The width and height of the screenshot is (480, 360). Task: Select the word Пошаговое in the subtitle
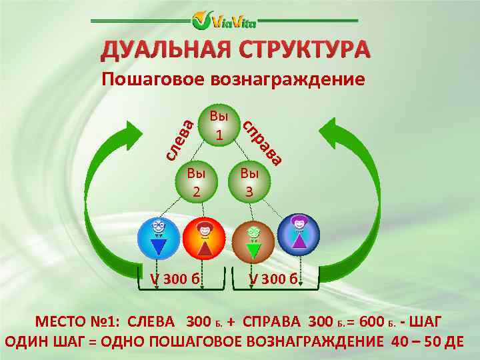click(x=153, y=80)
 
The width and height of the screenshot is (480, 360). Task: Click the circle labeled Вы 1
click(x=219, y=125)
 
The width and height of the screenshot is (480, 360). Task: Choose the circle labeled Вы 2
click(x=196, y=182)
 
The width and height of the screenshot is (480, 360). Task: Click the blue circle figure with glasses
click(x=158, y=238)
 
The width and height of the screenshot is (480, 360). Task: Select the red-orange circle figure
click(x=205, y=238)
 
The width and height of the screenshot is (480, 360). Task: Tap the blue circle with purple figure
click(x=299, y=235)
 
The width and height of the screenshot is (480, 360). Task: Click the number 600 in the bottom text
click(x=371, y=322)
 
